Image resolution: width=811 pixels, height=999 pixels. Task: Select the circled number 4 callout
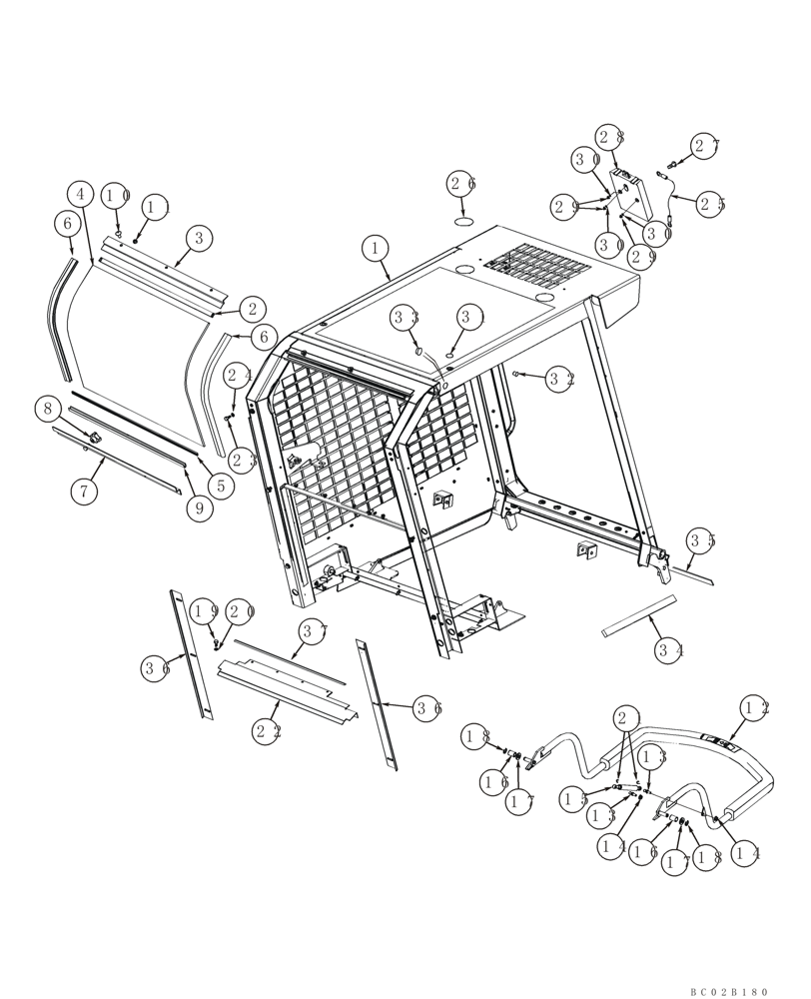tap(82, 194)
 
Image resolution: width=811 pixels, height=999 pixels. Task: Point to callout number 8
tap(47, 408)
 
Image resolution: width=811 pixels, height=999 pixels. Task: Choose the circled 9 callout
tap(199, 507)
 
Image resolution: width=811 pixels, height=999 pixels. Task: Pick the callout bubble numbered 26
tap(461, 183)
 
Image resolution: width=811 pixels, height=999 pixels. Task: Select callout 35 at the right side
tap(701, 542)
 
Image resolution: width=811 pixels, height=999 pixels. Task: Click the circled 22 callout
tap(267, 731)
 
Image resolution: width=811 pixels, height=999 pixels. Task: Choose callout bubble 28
tap(611, 137)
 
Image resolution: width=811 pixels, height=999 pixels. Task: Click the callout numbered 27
tap(705, 146)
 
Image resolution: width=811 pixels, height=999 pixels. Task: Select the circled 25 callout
tap(711, 204)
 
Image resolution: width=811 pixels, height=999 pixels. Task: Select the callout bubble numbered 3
tap(199, 237)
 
